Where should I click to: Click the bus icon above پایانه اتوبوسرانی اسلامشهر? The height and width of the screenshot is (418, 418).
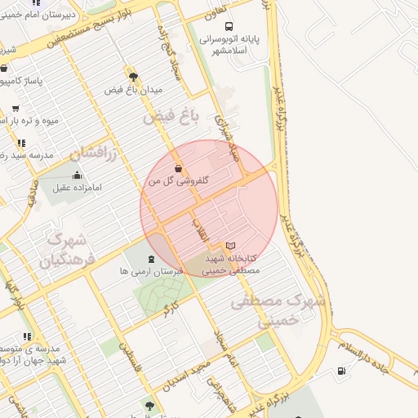coord(228,26)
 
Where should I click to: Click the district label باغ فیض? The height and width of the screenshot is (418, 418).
coord(171,117)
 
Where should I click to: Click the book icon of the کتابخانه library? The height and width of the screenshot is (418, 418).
coord(230,246)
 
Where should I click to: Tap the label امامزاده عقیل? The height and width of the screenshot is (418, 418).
coord(78,188)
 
